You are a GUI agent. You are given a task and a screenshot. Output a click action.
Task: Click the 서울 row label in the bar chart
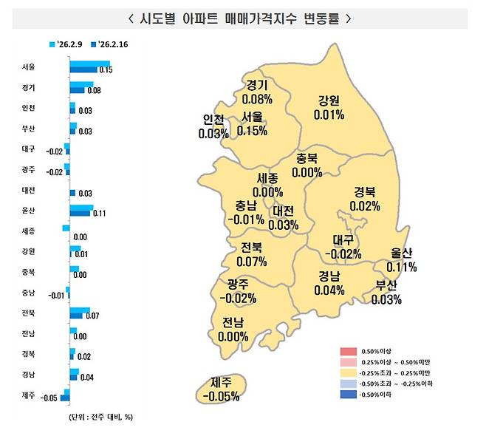click(x=29, y=67)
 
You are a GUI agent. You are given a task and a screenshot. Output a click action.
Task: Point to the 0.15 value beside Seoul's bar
click(x=105, y=71)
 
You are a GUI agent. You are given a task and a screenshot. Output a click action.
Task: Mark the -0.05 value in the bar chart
click(x=49, y=398)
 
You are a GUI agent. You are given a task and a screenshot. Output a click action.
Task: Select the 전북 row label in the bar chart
click(x=29, y=313)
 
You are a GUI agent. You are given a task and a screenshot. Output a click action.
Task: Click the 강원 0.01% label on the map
click(x=329, y=107)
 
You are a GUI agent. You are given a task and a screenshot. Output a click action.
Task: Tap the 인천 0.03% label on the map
click(x=213, y=126)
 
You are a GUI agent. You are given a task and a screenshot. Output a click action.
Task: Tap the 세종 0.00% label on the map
click(x=267, y=185)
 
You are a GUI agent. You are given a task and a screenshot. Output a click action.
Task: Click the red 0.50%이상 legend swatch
click(x=349, y=350)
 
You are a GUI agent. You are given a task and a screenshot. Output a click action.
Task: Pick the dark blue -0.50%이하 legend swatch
click(x=349, y=395)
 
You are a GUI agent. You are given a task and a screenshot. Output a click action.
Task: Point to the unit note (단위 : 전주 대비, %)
click(x=95, y=417)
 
